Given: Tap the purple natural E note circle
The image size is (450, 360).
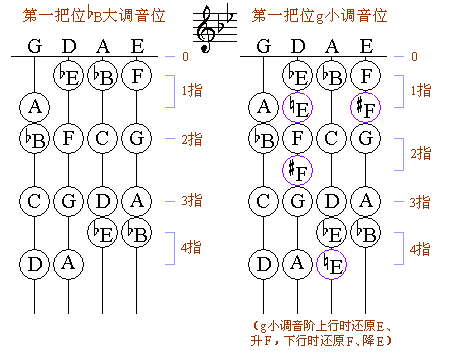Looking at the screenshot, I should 334,264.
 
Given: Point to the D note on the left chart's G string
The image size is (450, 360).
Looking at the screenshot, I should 35,264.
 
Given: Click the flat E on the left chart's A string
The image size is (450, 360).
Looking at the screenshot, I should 102,233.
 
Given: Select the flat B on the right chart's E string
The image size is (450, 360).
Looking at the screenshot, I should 367,233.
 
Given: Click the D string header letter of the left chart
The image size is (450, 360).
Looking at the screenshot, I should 68,46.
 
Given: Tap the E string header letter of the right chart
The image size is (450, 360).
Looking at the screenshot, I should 367,46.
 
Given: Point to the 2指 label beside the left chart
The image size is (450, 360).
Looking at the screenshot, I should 194,138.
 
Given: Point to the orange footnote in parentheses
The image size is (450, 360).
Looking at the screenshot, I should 339,333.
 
